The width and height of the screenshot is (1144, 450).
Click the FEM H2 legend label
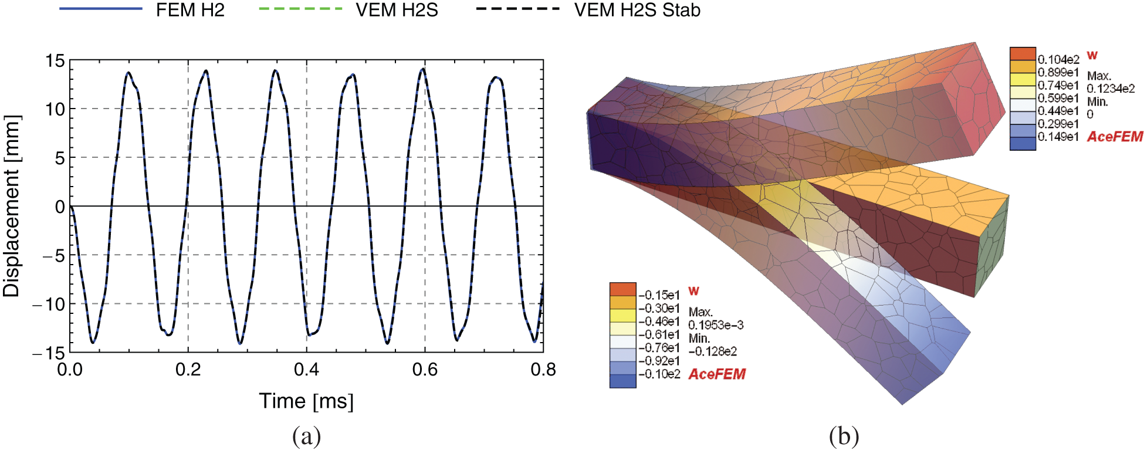pyautogui.click(x=190, y=11)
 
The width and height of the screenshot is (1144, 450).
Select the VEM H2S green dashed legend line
pyautogui.click(x=300, y=9)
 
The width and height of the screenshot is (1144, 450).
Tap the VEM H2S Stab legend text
pyautogui.click(x=637, y=11)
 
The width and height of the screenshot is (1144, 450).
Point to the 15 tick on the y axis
pyautogui.click(x=56, y=60)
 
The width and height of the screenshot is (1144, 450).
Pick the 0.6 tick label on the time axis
pyautogui.click(x=425, y=370)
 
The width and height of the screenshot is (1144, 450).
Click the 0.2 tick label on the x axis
pyautogui.click(x=188, y=370)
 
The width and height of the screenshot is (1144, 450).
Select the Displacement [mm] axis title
pyautogui.click(x=12, y=206)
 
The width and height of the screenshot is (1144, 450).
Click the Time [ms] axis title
pyautogui.click(x=306, y=401)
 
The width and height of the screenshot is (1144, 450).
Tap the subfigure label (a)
pyautogui.click(x=306, y=437)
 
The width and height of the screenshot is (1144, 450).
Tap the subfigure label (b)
pyautogui.click(x=844, y=437)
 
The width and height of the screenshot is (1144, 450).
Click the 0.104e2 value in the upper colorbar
pyautogui.click(x=1058, y=60)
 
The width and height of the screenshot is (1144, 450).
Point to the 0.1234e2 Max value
pyautogui.click(x=1111, y=89)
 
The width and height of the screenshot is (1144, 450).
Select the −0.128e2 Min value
pyautogui.click(x=712, y=351)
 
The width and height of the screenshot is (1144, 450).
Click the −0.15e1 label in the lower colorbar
pyautogui.click(x=659, y=295)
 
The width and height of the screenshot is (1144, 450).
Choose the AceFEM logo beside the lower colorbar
pyautogui.click(x=716, y=374)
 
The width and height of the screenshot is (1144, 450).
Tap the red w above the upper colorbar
pyautogui.click(x=1092, y=55)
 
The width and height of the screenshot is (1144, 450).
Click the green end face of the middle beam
pyautogui.click(x=991, y=246)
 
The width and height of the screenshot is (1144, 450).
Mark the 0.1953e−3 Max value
pyautogui.click(x=716, y=325)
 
